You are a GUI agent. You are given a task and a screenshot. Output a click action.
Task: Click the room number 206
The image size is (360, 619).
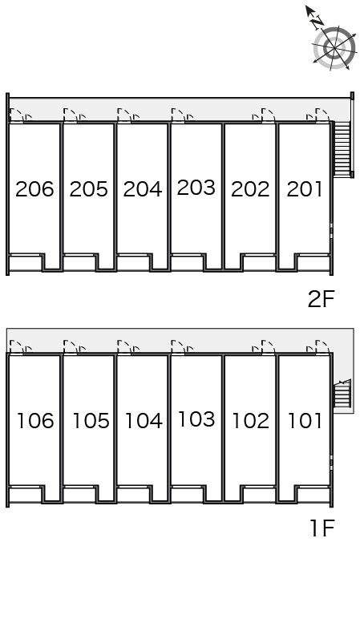pos(34,189)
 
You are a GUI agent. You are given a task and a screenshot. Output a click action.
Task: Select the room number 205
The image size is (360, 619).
pos(88,189)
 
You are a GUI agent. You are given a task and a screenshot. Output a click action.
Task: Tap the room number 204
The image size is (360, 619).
pos(143,189)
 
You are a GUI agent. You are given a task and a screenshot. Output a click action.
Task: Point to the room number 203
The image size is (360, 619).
pos(196,188)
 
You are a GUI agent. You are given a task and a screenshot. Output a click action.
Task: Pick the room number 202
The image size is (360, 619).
pos(250,189)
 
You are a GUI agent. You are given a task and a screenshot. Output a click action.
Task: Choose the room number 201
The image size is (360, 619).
pos(305,189)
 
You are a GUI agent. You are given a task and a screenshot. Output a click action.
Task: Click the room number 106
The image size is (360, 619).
pos(35,420)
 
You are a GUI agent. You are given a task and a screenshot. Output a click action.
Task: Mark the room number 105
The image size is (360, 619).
pos(91,420)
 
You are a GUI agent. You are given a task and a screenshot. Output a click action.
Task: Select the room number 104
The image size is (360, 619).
pos(144,420)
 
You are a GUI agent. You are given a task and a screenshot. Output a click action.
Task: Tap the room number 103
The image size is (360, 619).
pos(196,419)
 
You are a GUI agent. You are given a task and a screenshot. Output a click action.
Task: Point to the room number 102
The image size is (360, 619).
pos(251,420)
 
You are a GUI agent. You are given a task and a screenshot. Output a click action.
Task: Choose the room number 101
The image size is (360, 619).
pos(305,420)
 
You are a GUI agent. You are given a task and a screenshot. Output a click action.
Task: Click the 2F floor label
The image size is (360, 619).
pos(321,299)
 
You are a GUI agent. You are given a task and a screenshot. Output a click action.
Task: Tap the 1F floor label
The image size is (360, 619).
pos(322,528)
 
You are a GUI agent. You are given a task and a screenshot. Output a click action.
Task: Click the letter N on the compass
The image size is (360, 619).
pos(317,23)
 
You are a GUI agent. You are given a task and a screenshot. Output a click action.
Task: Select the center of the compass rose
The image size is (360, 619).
pos(334,49)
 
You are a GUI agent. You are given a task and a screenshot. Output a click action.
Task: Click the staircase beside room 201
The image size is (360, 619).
pos(342,149)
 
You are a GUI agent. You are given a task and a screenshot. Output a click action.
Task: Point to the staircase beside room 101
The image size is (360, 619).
pos(342,393)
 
